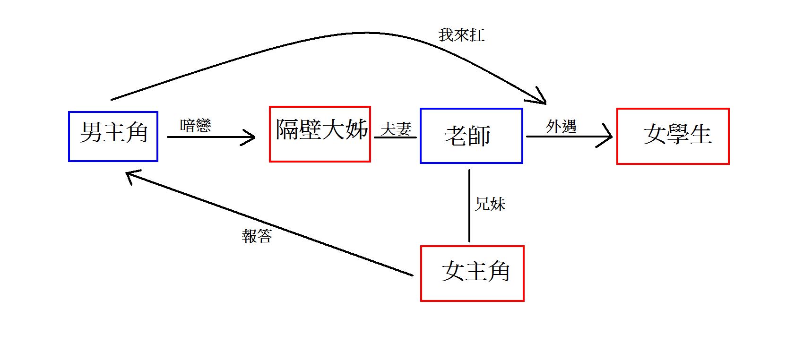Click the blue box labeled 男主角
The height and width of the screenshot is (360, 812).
click(113, 137)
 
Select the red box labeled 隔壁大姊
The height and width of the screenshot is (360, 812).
click(320, 134)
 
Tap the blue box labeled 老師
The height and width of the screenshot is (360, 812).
click(471, 136)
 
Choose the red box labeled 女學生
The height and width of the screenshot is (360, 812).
click(673, 136)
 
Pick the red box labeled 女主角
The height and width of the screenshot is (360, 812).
click(472, 273)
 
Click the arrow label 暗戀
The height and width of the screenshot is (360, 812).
click(195, 126)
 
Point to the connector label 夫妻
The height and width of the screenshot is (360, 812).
click(396, 129)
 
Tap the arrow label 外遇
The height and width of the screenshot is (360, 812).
click(561, 126)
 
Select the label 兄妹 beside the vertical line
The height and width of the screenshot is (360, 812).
click(490, 204)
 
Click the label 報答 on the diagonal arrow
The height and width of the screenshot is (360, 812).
click(257, 236)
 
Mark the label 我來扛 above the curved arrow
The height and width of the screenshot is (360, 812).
click(461, 35)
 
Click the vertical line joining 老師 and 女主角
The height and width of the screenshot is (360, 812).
click(469, 206)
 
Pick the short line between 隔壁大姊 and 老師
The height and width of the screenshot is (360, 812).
click(395, 137)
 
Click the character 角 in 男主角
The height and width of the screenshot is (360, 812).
click(137, 132)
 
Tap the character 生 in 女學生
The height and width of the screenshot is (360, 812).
click(700, 134)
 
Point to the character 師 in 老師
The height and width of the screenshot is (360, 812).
click(479, 136)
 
